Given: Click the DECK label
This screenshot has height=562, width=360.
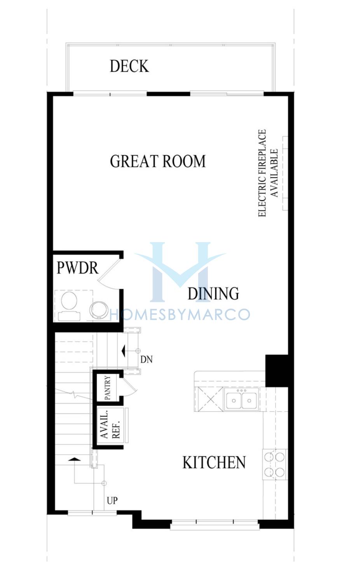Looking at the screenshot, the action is (x=129, y=66).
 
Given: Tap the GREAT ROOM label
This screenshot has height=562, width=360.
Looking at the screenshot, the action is (x=158, y=161).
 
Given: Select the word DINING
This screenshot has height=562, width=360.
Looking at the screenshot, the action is (x=213, y=293).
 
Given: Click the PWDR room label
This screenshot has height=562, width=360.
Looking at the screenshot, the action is (x=78, y=268).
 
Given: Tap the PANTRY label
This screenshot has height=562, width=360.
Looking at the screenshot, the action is (x=107, y=387).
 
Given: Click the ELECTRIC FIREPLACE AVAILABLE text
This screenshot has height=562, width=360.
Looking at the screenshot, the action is (x=268, y=173).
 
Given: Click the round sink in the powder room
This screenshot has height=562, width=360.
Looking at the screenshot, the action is (x=99, y=310).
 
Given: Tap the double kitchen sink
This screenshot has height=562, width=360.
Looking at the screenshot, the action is (x=241, y=400).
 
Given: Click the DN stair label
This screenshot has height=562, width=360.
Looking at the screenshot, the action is (x=146, y=360).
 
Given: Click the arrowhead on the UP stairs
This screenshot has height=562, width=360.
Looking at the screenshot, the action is (x=74, y=459).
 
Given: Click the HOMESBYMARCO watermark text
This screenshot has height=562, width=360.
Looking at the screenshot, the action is (x=180, y=315).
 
